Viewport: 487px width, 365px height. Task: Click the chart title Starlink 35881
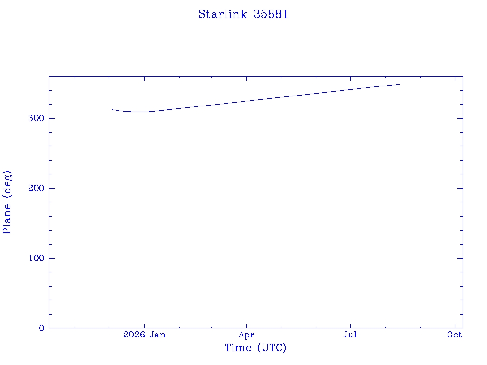click(x=243, y=14)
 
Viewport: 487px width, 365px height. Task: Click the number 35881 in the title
click(x=271, y=14)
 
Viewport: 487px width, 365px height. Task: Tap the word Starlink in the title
click(x=223, y=14)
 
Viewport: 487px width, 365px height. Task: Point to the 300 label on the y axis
click(x=36, y=118)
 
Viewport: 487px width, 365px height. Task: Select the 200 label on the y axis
click(x=36, y=188)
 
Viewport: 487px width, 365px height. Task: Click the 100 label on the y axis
click(x=36, y=258)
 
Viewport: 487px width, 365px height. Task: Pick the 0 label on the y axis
click(x=42, y=328)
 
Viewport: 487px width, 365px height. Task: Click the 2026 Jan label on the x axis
click(x=144, y=335)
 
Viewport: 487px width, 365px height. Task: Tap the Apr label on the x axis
click(x=247, y=335)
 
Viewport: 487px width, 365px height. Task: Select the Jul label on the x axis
click(x=350, y=335)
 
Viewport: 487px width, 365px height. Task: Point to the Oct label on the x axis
click(x=455, y=335)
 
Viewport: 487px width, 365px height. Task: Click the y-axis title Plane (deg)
click(x=7, y=202)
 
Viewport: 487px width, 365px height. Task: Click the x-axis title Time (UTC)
click(x=255, y=347)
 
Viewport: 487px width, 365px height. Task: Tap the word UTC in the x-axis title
click(x=272, y=347)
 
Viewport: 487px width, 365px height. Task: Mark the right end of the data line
click(x=399, y=84)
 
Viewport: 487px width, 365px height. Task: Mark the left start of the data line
click(x=112, y=110)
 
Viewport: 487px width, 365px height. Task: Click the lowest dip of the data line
click(x=140, y=112)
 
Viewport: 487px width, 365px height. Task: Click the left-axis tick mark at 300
click(x=51, y=118)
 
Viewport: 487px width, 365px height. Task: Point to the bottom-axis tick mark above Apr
click(x=247, y=325)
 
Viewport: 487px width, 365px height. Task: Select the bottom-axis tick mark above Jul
click(x=350, y=325)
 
